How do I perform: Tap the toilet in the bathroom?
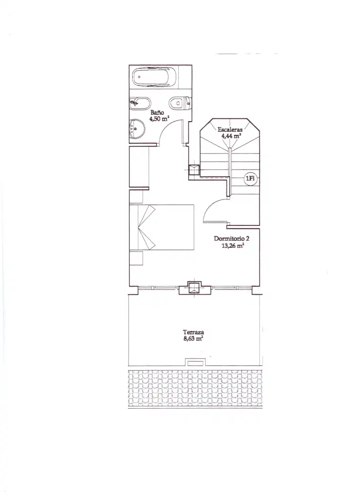[x=180, y=102]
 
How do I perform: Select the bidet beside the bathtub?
[x=140, y=103]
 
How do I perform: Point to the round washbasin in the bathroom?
[x=137, y=128]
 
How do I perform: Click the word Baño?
[x=157, y=113]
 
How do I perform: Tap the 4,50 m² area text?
[x=159, y=118]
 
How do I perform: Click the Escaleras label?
[x=230, y=129]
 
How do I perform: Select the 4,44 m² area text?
[x=231, y=136]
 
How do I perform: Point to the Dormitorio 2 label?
[x=231, y=238]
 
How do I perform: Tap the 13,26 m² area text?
[x=233, y=246]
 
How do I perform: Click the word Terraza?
[x=194, y=332]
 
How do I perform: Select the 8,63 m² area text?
[x=193, y=338]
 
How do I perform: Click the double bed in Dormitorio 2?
[x=162, y=227]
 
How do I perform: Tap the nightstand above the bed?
[x=136, y=197]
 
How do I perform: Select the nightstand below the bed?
[x=136, y=258]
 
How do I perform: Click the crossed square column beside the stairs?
[x=194, y=169]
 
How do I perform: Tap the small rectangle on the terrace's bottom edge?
[x=195, y=363]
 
